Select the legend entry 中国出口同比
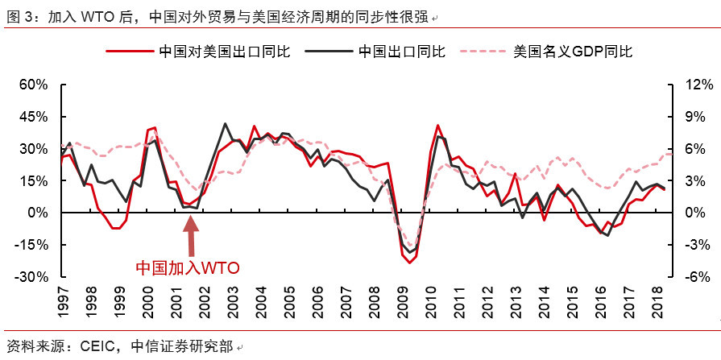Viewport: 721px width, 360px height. click(401, 51)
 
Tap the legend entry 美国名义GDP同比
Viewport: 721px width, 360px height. click(573, 51)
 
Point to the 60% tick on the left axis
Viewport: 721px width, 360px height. click(34, 85)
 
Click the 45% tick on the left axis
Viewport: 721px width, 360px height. click(34, 117)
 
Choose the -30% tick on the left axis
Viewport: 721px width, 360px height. click(32, 277)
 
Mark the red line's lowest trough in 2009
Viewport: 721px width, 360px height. click(409, 263)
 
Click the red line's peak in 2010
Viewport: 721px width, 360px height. click(437, 126)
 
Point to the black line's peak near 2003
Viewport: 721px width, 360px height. click(224, 124)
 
